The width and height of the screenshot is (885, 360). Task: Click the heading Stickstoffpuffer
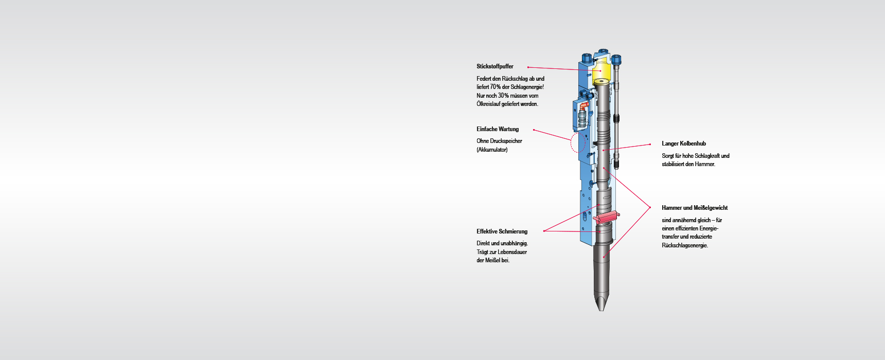[494, 66]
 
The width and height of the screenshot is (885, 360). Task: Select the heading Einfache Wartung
[498, 129]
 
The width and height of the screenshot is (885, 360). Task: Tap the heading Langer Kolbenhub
[683, 143]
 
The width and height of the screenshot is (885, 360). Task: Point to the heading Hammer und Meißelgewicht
[695, 208]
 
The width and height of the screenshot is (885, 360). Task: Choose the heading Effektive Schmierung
[502, 231]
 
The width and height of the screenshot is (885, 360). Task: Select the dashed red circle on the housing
[578, 143]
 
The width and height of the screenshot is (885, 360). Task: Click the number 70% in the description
[495, 87]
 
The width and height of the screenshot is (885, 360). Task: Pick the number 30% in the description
[503, 96]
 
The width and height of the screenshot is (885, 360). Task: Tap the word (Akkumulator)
[492, 150]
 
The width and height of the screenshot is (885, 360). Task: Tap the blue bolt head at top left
[586, 57]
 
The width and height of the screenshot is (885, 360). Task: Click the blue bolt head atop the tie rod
[616, 59]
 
